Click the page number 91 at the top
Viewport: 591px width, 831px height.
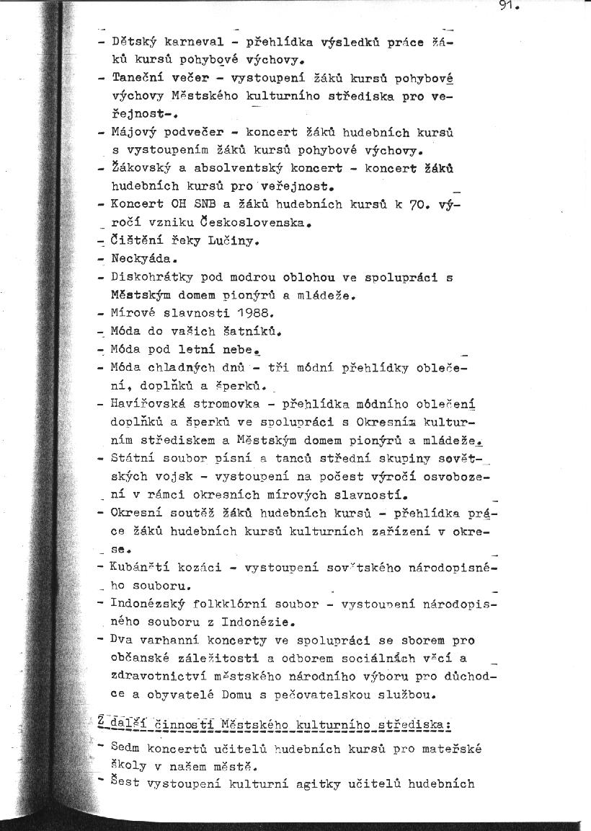coord(508,7)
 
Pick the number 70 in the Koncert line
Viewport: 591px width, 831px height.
coord(419,204)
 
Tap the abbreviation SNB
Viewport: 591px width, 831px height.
coord(205,204)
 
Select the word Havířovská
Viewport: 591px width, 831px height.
coord(146,404)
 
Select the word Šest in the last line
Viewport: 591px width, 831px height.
coord(124,784)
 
